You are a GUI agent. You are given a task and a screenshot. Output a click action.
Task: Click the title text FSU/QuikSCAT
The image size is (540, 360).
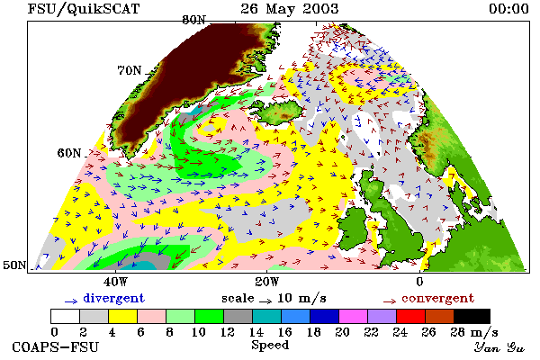tap(84, 9)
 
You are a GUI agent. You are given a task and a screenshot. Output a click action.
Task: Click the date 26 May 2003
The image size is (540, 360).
tap(289, 9)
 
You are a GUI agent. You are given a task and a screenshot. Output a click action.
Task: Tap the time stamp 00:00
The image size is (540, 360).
tap(508, 9)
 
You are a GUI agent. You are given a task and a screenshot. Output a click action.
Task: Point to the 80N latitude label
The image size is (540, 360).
tap(193, 20)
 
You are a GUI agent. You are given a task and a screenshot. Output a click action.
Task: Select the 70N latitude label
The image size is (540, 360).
tap(130, 70)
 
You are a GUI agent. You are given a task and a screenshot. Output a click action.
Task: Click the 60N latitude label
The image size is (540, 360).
tap(69, 153)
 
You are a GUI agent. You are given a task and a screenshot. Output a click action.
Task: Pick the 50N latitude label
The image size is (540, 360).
tap(14, 265)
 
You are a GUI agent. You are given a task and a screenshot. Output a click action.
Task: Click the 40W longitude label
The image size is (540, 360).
tap(115, 282)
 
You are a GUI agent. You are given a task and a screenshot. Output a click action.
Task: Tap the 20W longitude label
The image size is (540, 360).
tap(267, 282)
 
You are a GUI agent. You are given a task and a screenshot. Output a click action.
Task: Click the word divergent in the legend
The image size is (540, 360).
tap(113, 298)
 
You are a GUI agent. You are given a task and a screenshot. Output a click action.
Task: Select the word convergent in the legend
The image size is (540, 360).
tap(437, 298)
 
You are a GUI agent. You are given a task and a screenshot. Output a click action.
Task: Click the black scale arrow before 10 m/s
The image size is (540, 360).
tap(265, 301)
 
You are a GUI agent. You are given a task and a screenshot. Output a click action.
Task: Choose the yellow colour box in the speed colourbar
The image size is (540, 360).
tap(122, 316)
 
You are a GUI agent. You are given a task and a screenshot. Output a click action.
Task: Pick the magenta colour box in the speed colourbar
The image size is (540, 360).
tap(354, 316)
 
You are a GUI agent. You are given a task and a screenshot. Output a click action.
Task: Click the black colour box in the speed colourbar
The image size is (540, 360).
tap(472, 316)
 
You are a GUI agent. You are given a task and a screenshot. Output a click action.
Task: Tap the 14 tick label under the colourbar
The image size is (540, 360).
tap(256, 332)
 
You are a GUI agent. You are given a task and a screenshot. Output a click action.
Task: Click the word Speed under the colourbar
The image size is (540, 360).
tap(270, 345)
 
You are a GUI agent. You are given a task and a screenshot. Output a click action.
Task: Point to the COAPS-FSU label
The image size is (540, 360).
tap(55, 347)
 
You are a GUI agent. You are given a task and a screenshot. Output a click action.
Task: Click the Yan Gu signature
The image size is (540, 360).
tap(499, 347)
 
